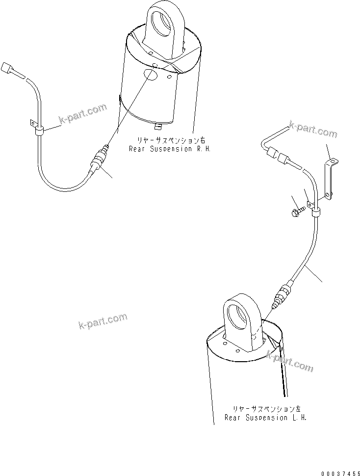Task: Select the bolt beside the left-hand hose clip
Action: [296, 212]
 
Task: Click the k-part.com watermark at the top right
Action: [313, 130]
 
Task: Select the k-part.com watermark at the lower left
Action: [103, 321]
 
